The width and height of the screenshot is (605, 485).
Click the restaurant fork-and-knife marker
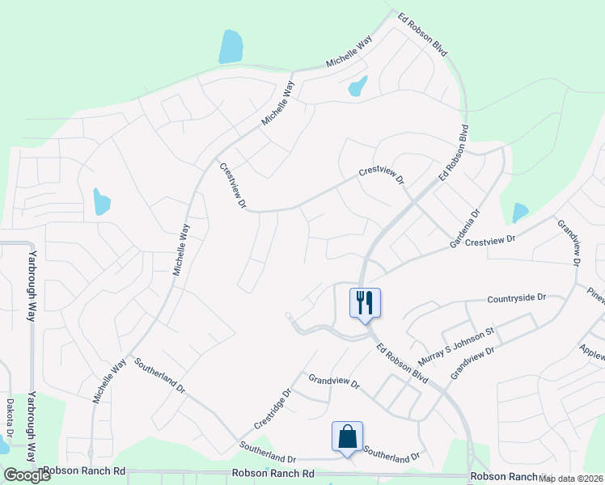tap(365, 303)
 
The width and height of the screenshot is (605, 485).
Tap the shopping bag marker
tap(347, 437)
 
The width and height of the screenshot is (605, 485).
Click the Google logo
tap(27, 475)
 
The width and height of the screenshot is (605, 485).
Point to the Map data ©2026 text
tap(571, 479)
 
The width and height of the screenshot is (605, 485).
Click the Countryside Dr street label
tap(518, 299)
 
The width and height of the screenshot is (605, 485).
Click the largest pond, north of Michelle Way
tap(230, 47)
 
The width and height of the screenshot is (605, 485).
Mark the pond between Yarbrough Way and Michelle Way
tap(101, 201)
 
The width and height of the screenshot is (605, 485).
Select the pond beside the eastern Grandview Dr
tap(519, 213)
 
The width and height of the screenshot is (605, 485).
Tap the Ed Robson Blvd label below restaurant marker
tap(402, 361)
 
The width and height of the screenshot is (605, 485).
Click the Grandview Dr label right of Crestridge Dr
tap(332, 382)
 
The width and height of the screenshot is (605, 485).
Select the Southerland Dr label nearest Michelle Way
tap(161, 376)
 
